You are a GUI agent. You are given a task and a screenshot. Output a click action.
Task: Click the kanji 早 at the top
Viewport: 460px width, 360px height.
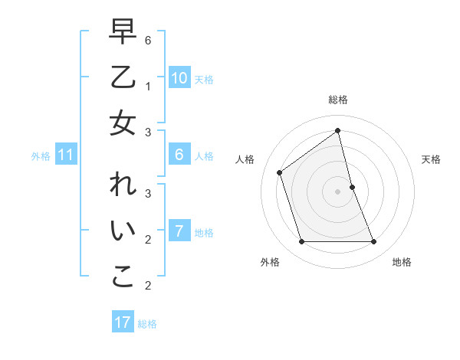click(123, 32)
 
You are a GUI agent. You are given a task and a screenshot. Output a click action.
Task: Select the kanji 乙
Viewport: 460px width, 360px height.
click(123, 77)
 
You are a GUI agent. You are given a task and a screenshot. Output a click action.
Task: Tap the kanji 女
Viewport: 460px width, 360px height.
click(123, 123)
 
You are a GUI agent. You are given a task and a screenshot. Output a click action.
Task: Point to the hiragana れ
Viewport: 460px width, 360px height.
click(123, 185)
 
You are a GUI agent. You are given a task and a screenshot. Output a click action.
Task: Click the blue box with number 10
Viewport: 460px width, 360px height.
click(179, 78)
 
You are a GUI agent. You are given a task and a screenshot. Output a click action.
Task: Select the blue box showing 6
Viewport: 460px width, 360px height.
click(179, 155)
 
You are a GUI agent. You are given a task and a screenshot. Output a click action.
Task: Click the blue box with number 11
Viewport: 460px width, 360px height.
click(65, 155)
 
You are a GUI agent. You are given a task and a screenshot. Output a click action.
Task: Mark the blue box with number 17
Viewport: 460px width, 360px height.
click(123, 322)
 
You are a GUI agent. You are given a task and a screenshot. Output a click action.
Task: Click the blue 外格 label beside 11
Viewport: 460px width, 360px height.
click(41, 156)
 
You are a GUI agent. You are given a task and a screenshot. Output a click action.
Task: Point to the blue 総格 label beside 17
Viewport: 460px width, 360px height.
click(147, 323)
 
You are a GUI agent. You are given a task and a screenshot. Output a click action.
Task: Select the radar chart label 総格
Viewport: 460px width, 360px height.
click(337, 100)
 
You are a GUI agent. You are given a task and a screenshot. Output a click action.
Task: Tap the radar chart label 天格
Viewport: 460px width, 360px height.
click(431, 159)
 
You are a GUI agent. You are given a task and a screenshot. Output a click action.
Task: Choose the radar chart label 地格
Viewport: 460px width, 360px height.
click(402, 262)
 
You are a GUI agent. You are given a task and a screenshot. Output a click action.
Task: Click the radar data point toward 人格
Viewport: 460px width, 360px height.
click(280, 172)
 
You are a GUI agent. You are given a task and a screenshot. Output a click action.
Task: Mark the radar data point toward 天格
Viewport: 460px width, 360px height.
click(352, 187)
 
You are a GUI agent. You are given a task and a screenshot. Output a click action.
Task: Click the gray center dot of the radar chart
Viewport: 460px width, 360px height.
click(337, 191)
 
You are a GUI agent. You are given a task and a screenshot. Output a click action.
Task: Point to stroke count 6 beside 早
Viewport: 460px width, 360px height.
click(147, 40)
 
